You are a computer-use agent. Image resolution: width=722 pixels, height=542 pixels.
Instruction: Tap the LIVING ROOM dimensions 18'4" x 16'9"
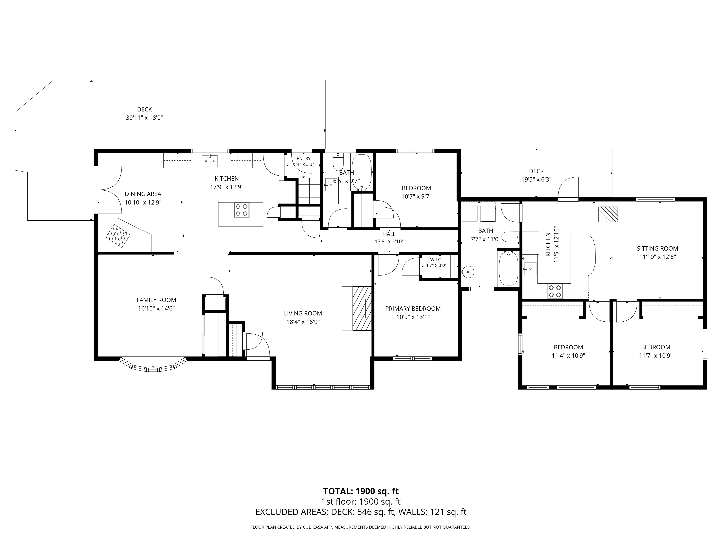[x=303, y=322]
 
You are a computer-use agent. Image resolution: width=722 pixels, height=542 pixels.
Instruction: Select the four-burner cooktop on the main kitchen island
[x=242, y=210]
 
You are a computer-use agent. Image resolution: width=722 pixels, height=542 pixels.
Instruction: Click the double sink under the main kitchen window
[x=210, y=161]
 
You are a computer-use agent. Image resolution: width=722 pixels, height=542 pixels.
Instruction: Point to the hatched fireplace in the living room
[x=362, y=308]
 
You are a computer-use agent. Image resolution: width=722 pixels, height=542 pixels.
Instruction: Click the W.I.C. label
[x=436, y=260]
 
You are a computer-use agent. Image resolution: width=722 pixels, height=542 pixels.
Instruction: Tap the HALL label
[x=389, y=234]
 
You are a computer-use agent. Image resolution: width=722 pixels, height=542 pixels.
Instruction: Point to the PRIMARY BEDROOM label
[x=413, y=309]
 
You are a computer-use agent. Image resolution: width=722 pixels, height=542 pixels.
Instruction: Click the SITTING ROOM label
[x=657, y=249]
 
